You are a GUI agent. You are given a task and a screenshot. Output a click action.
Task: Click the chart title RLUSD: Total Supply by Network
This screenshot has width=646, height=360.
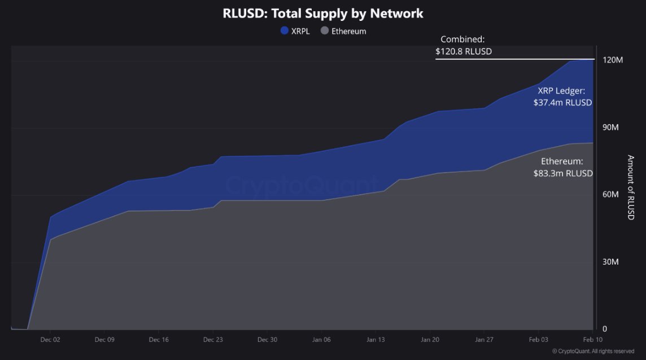(x=323, y=13)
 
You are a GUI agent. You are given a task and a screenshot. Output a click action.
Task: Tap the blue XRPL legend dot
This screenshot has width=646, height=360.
(x=285, y=31)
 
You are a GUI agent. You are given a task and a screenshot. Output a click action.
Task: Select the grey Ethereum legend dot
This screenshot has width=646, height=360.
(x=325, y=31)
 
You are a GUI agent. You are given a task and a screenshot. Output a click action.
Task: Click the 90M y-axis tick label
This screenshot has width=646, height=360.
(x=610, y=128)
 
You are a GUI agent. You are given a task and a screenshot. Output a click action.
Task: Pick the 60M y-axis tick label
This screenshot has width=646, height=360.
(x=610, y=195)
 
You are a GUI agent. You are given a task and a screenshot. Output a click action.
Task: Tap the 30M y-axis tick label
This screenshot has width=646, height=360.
(x=610, y=262)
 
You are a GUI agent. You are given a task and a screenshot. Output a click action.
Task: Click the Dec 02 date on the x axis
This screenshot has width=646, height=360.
(x=50, y=340)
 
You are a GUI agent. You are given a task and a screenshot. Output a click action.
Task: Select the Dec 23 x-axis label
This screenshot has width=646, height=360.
(x=213, y=340)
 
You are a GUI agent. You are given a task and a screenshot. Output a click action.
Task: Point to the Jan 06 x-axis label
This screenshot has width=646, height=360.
(x=321, y=340)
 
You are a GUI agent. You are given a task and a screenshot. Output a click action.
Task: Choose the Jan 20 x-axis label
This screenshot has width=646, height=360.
(x=430, y=340)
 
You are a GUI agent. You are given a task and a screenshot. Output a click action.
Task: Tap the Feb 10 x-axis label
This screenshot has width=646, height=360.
(x=592, y=340)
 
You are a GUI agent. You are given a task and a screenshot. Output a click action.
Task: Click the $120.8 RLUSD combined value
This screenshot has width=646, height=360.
(x=464, y=51)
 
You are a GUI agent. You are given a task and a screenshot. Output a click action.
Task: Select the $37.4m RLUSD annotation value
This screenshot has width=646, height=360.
(x=562, y=103)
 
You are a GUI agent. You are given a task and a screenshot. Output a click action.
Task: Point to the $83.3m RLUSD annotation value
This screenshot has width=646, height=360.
(x=563, y=173)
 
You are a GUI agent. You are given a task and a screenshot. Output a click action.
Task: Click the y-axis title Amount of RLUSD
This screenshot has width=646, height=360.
(x=631, y=187)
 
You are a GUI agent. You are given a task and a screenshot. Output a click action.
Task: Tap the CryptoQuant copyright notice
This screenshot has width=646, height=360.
(x=593, y=352)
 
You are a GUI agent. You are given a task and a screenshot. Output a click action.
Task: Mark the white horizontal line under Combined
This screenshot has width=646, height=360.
(x=514, y=59)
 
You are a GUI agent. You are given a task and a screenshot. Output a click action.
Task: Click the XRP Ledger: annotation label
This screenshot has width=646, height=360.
(x=561, y=90)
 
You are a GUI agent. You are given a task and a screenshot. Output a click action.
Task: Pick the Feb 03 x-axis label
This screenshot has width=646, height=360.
(x=538, y=340)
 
